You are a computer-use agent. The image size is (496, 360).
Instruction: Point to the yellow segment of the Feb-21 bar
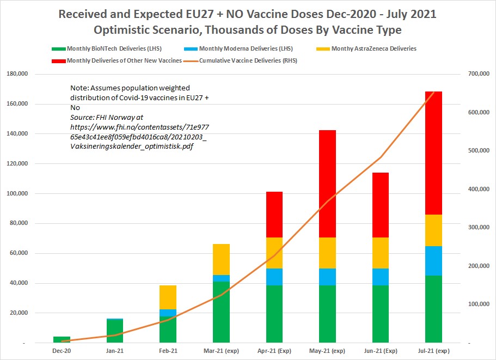point(168,297)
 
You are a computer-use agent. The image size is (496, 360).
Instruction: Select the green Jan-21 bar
point(115,331)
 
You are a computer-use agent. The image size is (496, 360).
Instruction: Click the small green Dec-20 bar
point(62,340)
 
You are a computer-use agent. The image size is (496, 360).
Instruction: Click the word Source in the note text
point(81,117)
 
